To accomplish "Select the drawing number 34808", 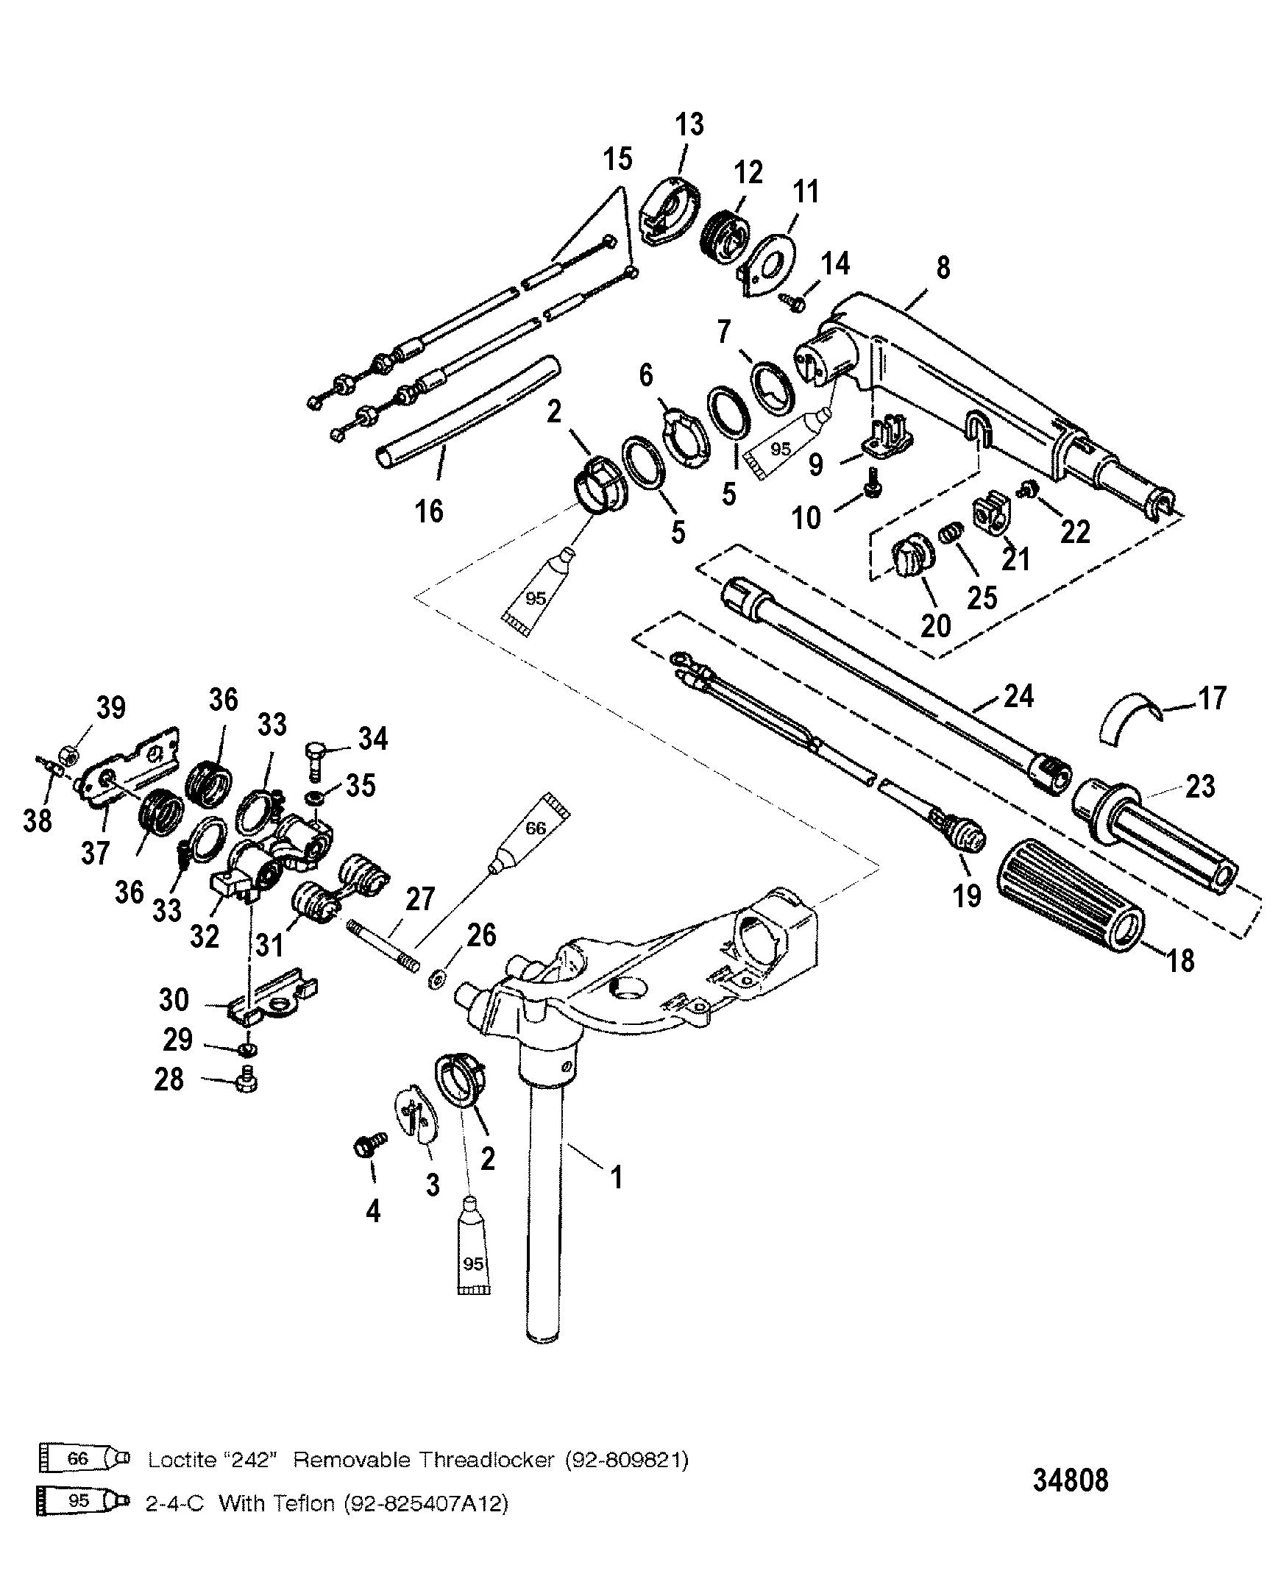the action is pyautogui.click(x=1071, y=1480).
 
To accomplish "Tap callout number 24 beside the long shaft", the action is pyautogui.click(x=1018, y=696).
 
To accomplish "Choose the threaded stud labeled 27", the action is pyautogui.click(x=382, y=945).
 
